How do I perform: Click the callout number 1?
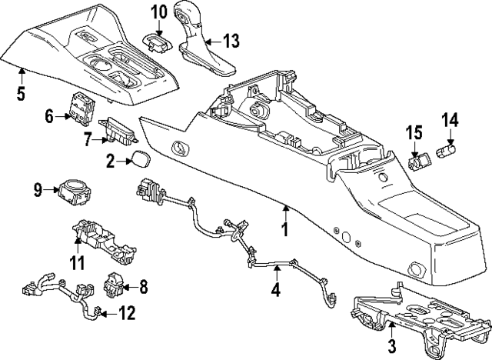(284, 229)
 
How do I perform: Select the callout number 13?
(231, 40)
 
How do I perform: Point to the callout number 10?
(158, 12)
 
